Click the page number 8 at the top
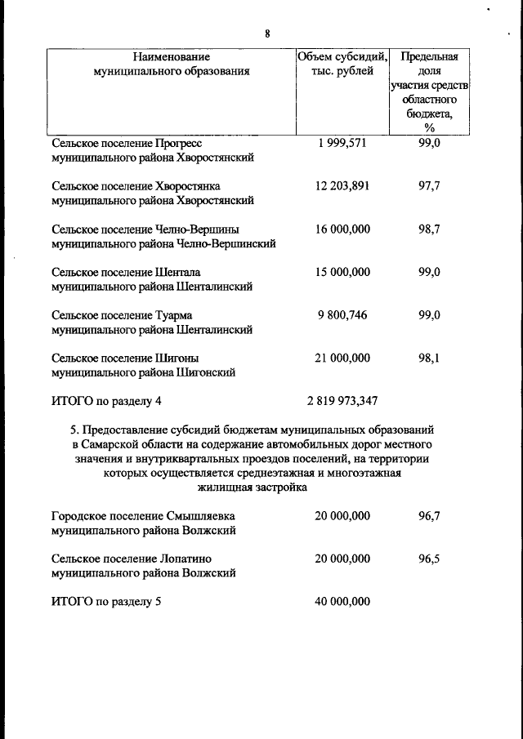tap(267, 33)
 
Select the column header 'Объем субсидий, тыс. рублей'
tap(342, 64)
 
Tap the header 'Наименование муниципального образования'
tap(172, 64)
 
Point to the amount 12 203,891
tap(342, 185)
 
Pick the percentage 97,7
tap(429, 185)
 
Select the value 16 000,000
tap(342, 229)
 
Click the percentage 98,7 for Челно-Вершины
tap(429, 229)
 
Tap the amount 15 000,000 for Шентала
tap(342, 272)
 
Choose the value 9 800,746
tap(342, 315)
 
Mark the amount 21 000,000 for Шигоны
tap(342, 358)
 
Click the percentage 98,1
tap(429, 358)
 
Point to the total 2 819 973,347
tap(342, 401)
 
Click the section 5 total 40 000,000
tap(342, 602)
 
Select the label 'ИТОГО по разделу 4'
tap(107, 401)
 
